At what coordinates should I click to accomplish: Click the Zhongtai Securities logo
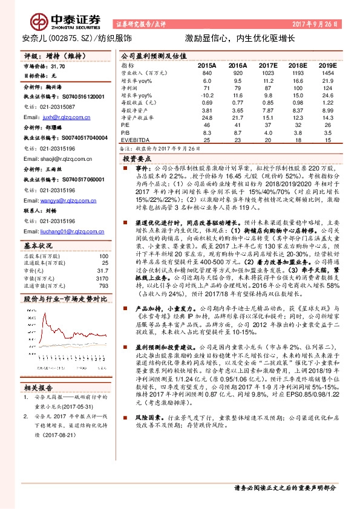coord(54,20)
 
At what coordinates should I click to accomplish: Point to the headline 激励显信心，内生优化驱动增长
coord(240,38)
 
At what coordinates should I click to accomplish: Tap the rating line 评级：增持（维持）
coord(57,55)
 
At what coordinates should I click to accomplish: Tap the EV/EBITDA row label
coord(134,139)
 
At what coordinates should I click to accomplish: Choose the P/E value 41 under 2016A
coord(238,124)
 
